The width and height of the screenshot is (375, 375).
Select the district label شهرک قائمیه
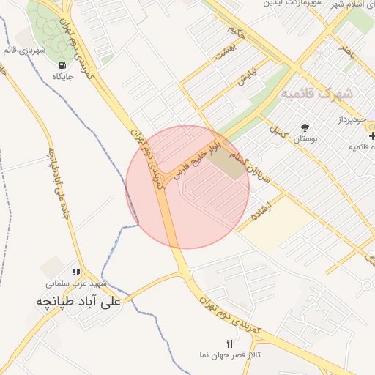click(x=316, y=93)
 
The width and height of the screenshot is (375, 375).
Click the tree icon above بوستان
click(x=305, y=127)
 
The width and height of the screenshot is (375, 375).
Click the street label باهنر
click(x=346, y=51)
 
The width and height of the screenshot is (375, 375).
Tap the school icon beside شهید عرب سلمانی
click(x=77, y=272)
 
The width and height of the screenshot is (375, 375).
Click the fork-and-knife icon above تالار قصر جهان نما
click(x=230, y=344)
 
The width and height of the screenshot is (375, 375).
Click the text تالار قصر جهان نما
click(x=230, y=355)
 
